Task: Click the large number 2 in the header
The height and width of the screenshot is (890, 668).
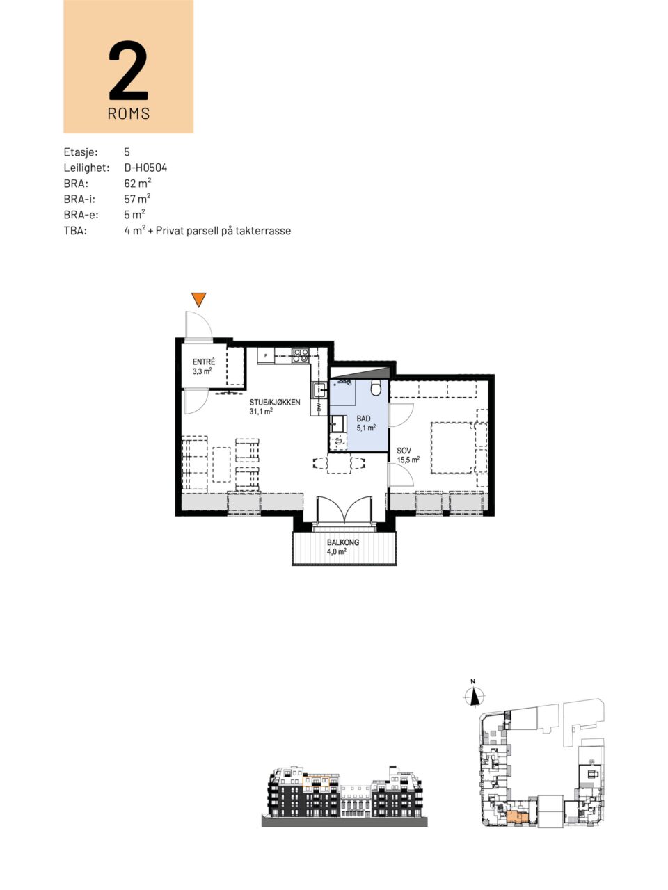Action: tap(128, 70)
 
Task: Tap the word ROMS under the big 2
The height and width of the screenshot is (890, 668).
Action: tap(129, 113)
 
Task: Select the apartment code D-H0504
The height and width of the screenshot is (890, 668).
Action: tap(145, 168)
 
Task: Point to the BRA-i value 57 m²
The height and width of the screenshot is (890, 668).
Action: tap(137, 199)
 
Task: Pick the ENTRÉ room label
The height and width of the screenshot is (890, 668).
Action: tap(204, 362)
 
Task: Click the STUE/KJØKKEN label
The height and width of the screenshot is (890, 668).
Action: tap(275, 402)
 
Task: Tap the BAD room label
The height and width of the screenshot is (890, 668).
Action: tap(363, 419)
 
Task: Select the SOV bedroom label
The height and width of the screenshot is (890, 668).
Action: tap(404, 451)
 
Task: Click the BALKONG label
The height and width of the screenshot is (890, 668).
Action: tap(343, 542)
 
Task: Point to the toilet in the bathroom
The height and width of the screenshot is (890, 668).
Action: tap(376, 388)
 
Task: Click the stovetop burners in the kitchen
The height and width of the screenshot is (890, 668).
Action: tap(300, 355)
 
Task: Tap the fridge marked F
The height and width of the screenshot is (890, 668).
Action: tap(266, 355)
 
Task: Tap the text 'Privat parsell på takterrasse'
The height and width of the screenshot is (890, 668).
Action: tap(223, 231)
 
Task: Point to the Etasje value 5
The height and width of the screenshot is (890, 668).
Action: tap(127, 152)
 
